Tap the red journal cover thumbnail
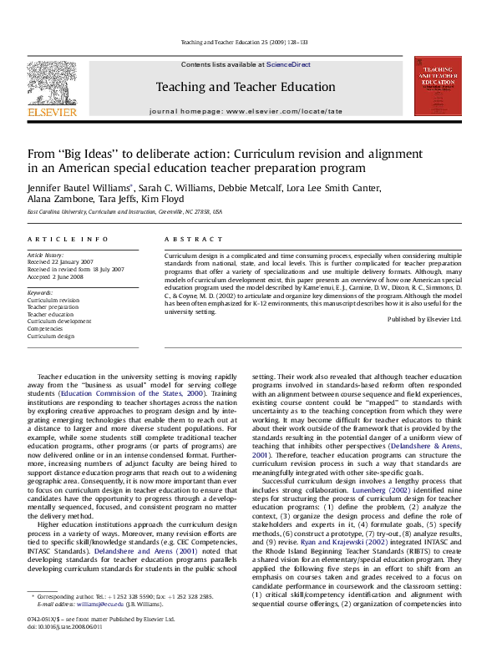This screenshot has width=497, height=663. click(438, 86)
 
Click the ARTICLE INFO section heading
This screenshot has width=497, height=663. click(67, 239)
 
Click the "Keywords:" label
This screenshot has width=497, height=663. click(42, 291)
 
